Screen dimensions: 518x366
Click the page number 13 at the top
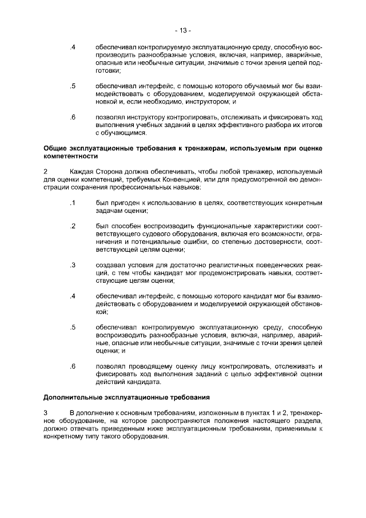click(x=183, y=30)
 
